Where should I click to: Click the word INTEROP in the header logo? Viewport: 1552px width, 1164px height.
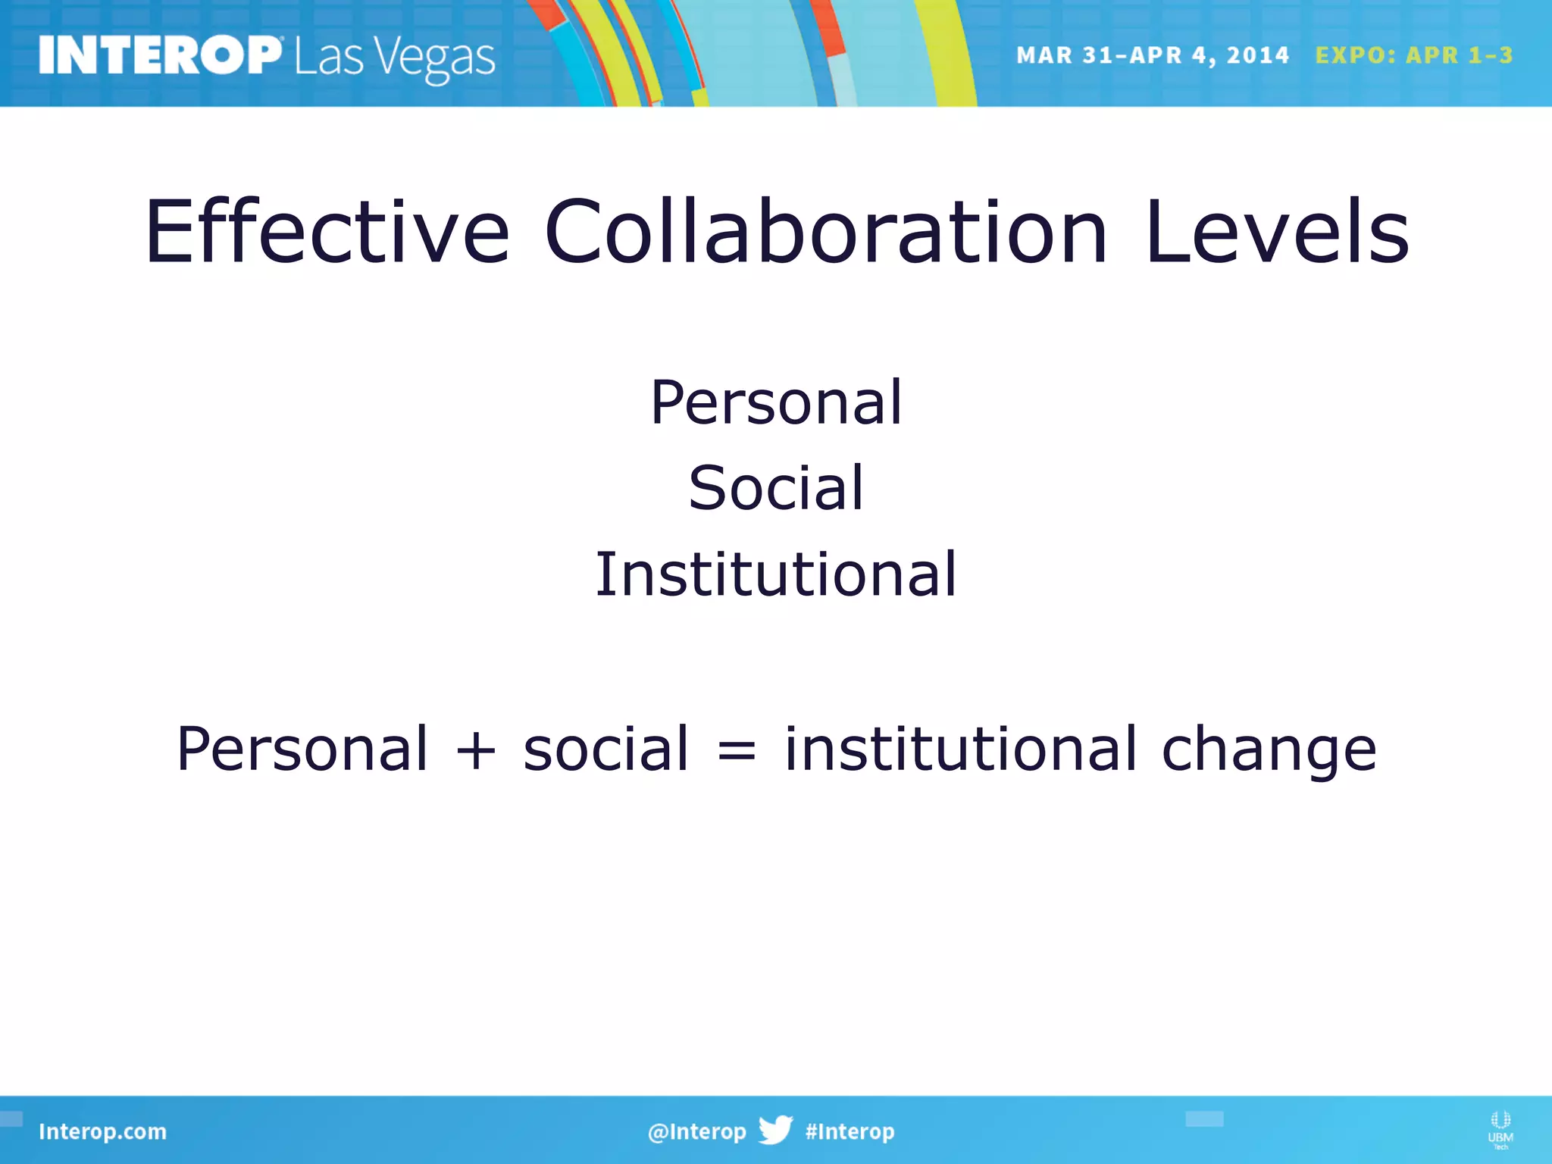159,55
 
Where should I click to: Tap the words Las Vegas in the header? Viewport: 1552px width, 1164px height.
395,58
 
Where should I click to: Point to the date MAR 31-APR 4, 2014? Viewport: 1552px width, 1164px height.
1152,55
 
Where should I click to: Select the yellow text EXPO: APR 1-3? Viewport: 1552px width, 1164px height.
1413,55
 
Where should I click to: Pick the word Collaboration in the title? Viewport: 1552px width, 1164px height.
826,232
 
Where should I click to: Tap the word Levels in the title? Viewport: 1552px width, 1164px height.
1277,232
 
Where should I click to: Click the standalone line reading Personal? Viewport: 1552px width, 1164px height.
776,402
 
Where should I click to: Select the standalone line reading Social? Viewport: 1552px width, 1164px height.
776,487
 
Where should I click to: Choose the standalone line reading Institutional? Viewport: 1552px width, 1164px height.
776,574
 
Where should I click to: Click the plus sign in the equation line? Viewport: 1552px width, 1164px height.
476,750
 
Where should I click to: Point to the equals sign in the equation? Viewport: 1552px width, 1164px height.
737,750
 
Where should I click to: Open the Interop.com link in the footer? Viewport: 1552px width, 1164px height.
102,1131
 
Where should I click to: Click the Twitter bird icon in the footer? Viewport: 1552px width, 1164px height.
775,1130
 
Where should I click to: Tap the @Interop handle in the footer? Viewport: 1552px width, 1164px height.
696,1131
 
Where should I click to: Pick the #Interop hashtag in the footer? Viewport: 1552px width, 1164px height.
850,1131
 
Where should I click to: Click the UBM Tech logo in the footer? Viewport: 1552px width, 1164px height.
1500,1129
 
